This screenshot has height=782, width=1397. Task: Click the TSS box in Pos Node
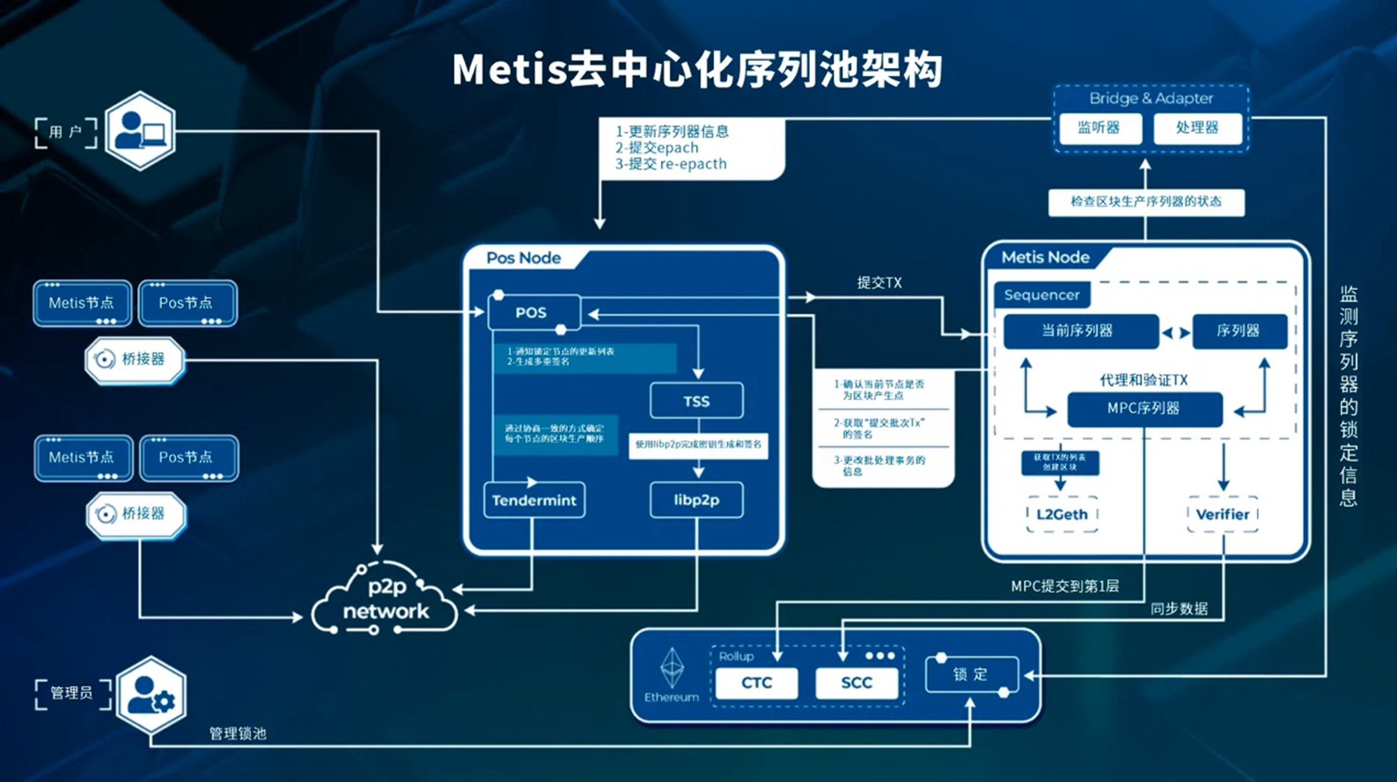pyautogui.click(x=696, y=401)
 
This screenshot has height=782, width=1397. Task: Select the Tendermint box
pyautogui.click(x=534, y=500)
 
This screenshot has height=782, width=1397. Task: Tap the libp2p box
pyautogui.click(x=696, y=500)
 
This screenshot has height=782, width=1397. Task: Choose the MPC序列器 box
pyautogui.click(x=1144, y=409)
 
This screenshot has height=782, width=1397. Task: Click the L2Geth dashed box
pyautogui.click(x=1062, y=514)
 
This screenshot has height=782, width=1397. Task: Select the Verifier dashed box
pyautogui.click(x=1223, y=514)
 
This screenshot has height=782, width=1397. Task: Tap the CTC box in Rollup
pyautogui.click(x=757, y=683)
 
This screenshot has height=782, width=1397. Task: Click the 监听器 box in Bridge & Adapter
pyautogui.click(x=1099, y=128)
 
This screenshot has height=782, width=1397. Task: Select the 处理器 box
pyautogui.click(x=1197, y=128)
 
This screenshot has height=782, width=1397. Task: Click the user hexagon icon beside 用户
pyautogui.click(x=140, y=131)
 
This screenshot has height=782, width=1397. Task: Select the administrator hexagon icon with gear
pyautogui.click(x=152, y=695)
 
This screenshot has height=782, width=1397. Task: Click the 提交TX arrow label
pyautogui.click(x=879, y=282)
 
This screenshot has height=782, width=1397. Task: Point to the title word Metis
pyautogui.click(x=510, y=69)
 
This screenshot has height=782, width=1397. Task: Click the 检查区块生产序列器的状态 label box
pyautogui.click(x=1146, y=202)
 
